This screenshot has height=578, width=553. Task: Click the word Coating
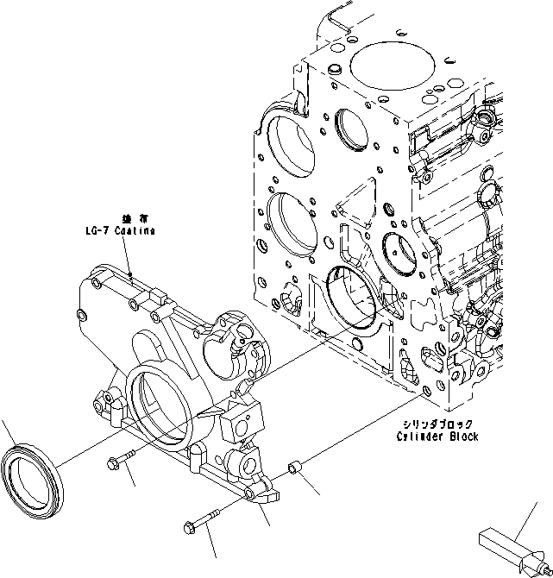(134, 232)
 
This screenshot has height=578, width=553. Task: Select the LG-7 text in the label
(91, 232)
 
